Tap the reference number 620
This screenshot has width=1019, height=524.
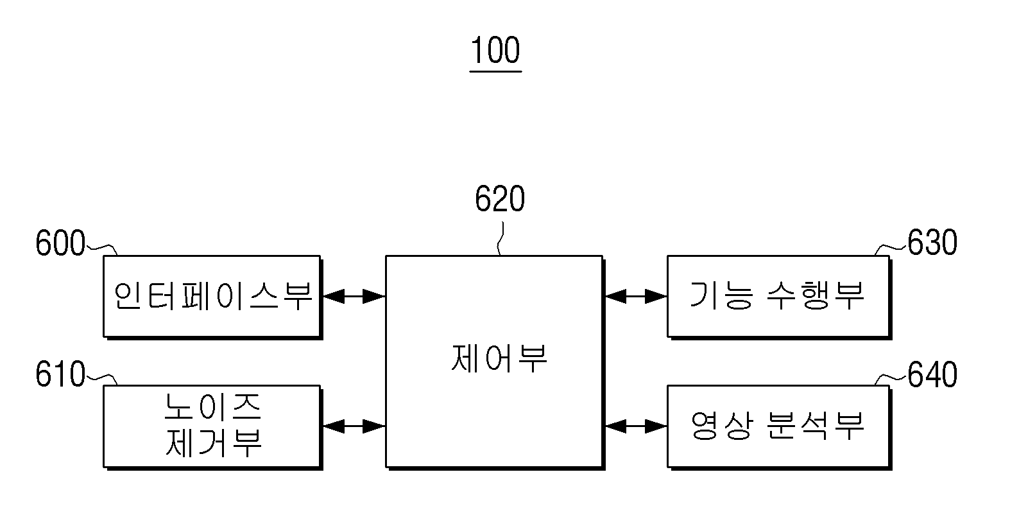499,199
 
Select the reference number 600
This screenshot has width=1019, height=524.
60,243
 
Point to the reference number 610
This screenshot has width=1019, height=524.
60,374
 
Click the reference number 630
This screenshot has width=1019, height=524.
932,242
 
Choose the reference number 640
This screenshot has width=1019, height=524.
932,374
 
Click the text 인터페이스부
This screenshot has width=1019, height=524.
213,296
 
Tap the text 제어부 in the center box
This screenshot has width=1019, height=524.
499,358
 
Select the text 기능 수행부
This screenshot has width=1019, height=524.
777,295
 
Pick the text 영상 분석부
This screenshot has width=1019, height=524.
777,426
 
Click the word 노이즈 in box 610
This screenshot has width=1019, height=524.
212,406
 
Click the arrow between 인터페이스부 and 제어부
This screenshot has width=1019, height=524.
354,297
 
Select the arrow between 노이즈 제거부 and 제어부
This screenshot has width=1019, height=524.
354,426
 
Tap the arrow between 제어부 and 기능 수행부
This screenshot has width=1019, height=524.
636,297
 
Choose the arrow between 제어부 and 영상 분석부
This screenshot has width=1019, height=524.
636,426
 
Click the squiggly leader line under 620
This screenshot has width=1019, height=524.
501,238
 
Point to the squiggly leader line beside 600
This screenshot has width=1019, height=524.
102,249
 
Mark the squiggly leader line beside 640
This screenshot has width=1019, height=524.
891,378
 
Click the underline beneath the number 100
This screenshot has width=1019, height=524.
495,71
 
